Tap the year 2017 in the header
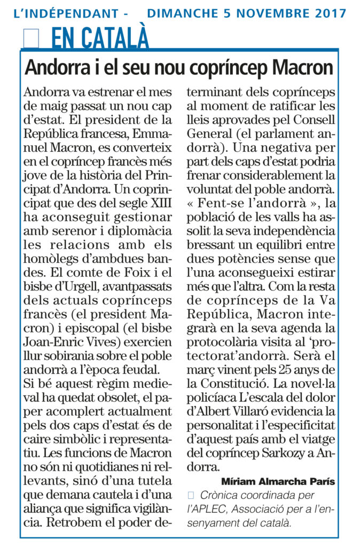point(326,12)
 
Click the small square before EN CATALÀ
point(32,37)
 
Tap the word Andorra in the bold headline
point(55,67)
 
